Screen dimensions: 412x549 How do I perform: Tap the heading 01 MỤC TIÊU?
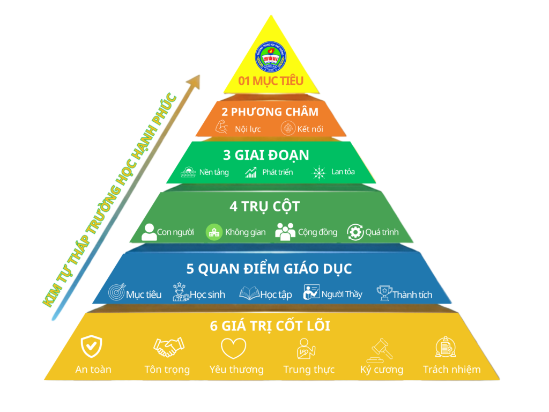(x=271, y=81)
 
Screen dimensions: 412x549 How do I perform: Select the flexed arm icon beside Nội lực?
(x=221, y=128)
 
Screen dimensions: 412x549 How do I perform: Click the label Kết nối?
(x=310, y=129)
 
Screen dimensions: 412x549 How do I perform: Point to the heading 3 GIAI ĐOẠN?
(x=266, y=155)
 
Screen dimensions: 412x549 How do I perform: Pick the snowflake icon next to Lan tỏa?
(x=320, y=173)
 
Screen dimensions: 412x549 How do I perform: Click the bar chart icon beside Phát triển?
(x=251, y=173)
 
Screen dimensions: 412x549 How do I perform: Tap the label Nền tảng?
(x=214, y=172)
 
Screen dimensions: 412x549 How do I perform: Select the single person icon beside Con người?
(x=149, y=232)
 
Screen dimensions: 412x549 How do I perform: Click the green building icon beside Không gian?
(x=214, y=232)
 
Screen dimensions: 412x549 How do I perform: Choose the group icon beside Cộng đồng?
(x=285, y=231)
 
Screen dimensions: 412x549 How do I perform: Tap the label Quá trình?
(x=382, y=232)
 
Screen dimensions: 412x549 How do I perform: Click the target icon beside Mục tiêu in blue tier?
(x=117, y=293)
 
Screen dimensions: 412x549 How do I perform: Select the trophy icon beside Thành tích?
(x=384, y=293)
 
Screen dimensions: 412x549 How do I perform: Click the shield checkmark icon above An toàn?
(x=91, y=346)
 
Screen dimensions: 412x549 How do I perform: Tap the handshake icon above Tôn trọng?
(x=168, y=348)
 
